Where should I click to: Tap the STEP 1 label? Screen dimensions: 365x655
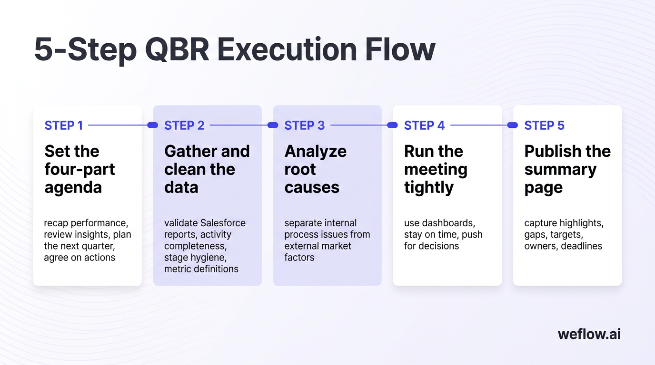coord(64,125)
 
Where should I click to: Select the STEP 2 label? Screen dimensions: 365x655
coord(184,125)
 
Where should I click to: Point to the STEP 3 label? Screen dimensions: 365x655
coord(305,125)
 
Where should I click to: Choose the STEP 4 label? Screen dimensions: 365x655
coord(424,125)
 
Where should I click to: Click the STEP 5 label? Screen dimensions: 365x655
coord(544,125)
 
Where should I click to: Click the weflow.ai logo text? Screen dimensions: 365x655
coord(589,334)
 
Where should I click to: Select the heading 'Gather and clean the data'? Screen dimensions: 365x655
coord(207,169)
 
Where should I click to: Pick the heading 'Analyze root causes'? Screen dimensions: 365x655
coord(315,169)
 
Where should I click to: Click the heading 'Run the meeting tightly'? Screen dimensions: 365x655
coord(435,169)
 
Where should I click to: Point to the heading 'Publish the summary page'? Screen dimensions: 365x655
coord(567,169)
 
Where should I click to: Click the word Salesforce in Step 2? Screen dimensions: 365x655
coord(223,223)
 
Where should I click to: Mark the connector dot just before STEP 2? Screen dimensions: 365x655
coord(152,125)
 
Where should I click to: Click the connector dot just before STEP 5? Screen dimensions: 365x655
coord(512,125)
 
